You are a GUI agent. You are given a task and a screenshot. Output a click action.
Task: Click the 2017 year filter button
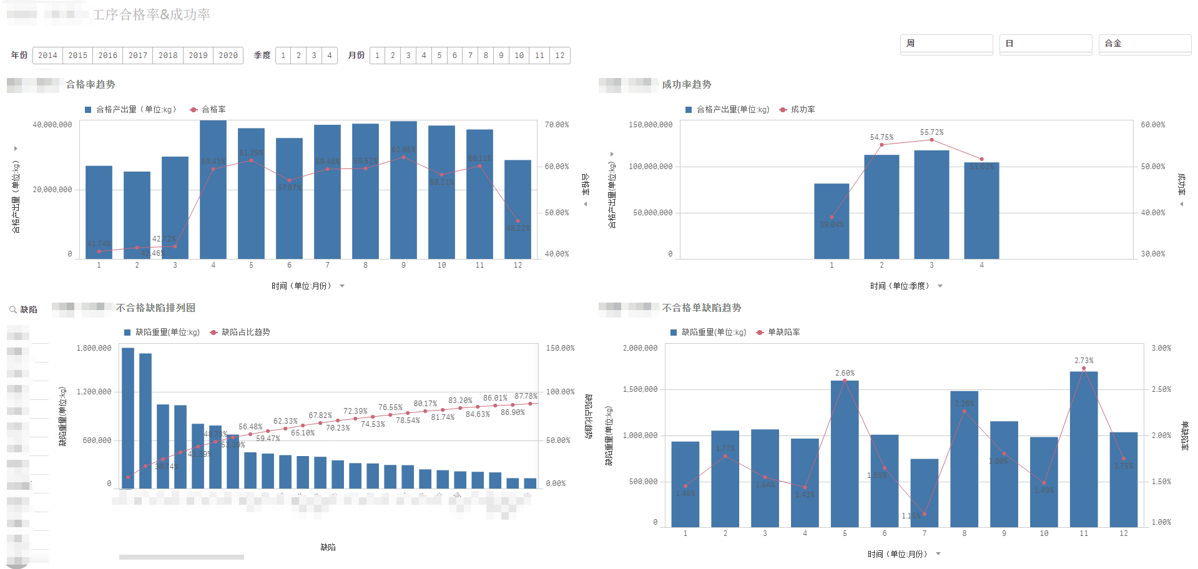[138, 56]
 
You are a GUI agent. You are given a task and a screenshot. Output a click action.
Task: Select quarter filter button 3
[314, 56]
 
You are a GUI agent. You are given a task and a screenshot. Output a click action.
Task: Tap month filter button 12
[560, 56]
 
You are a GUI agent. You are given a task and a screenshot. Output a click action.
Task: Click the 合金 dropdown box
[1144, 44]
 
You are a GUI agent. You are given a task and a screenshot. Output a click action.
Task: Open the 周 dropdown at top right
[946, 44]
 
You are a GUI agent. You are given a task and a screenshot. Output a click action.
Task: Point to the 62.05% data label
[403, 150]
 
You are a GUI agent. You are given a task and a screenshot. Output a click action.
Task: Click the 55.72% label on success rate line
[931, 132]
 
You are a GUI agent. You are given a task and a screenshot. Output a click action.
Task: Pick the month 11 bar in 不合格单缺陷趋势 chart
[1083, 449]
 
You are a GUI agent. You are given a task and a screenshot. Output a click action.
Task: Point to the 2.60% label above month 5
[845, 373]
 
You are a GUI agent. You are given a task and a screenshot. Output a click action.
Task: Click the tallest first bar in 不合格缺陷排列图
[128, 418]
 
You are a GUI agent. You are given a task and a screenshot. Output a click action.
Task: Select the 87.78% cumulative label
[526, 396]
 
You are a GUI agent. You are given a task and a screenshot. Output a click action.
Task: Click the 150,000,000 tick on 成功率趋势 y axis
[651, 125]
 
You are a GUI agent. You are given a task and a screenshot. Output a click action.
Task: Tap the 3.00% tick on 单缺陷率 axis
[1161, 348]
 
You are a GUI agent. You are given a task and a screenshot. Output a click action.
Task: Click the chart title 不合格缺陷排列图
[155, 308]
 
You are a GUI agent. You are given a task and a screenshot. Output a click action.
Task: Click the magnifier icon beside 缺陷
[12, 309]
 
